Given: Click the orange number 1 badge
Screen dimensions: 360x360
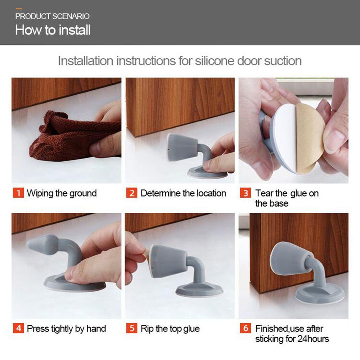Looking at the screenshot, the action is [x=18, y=193].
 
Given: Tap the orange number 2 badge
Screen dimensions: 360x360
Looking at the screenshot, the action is [x=131, y=193].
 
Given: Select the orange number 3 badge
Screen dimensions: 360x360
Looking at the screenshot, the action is [x=246, y=193].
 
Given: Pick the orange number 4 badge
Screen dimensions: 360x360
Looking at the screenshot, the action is [x=18, y=328].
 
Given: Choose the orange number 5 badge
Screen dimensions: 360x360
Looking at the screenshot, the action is [x=131, y=328].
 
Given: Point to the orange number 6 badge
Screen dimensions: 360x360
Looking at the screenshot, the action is [x=246, y=328].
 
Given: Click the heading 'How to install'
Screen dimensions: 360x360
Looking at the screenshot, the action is [x=53, y=30].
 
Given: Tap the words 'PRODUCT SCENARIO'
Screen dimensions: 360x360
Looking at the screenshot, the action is [x=52, y=16].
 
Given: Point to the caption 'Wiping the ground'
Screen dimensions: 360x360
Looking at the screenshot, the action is [x=62, y=193].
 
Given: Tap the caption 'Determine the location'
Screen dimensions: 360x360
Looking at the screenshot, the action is [x=183, y=193].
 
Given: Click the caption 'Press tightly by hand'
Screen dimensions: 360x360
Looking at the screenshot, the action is [x=66, y=329].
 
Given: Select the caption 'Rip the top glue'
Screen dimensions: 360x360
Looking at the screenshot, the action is [x=170, y=329].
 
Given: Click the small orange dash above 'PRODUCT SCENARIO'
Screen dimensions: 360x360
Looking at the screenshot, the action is [x=19, y=9].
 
